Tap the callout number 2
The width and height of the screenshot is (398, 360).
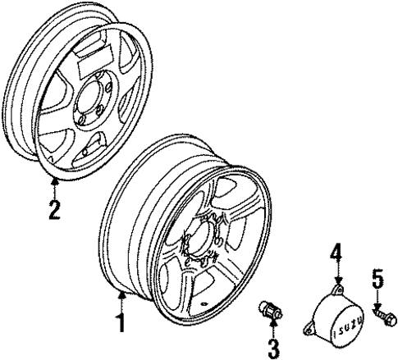[53, 210]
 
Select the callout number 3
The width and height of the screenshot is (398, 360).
[272, 347]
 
